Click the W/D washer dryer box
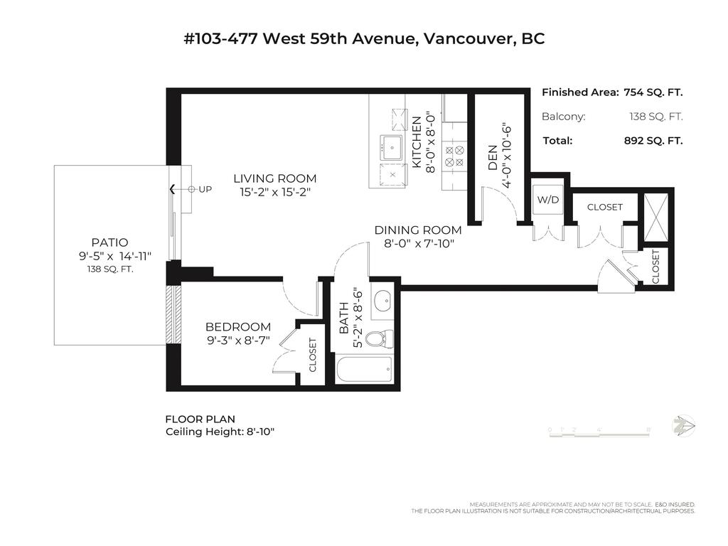point(547,200)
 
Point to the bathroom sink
point(382,301)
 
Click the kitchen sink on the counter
point(391,147)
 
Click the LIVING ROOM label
point(274,178)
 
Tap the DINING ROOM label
point(417,230)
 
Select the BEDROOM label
point(237,327)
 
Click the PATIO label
point(109,242)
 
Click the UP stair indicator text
point(205,189)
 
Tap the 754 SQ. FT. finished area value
point(653,92)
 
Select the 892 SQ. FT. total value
point(653,141)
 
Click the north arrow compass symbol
point(683,425)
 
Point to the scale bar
point(600,429)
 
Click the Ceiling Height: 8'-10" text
point(220,432)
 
